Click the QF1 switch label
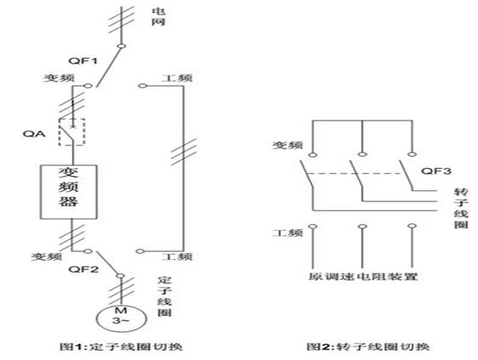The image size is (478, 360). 83,60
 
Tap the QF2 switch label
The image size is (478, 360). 83,269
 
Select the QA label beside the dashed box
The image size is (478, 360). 34,133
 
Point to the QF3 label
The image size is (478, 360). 436,171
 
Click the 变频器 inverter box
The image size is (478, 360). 69,192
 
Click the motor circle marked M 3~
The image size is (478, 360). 121,318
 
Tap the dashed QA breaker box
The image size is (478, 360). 71,132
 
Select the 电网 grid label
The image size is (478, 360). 159,17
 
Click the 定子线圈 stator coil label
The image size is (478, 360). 165,296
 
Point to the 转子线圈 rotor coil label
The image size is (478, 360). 461,208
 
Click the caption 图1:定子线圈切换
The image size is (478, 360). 121,346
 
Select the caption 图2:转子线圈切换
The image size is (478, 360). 368,346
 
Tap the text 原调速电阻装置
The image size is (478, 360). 363,277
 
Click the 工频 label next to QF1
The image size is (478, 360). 177,78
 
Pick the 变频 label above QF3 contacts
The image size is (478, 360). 288,145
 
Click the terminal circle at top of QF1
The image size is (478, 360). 121,47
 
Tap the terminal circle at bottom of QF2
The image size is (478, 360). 121,276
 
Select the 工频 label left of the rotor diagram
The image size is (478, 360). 288,233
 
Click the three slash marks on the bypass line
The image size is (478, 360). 183,152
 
